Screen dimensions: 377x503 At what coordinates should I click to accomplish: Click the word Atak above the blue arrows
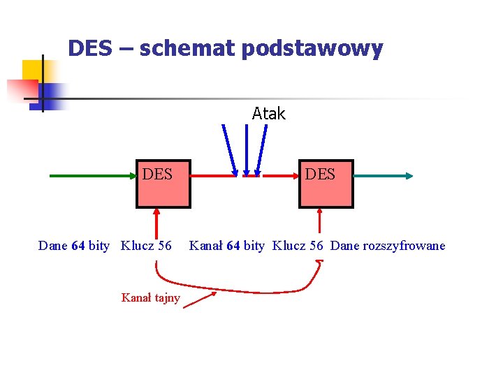tap(268, 114)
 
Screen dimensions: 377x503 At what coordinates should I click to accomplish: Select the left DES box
tap(163, 184)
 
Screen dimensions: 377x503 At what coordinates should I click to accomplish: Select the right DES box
tap(326, 184)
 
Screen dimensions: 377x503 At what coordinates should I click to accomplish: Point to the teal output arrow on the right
tap(384, 177)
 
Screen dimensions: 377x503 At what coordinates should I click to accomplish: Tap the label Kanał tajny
tap(150, 298)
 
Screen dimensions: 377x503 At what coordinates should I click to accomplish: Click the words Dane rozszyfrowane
tap(387, 246)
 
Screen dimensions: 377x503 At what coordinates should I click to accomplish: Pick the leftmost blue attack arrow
tap(229, 149)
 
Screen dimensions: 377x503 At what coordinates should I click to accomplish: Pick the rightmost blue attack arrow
tap(262, 149)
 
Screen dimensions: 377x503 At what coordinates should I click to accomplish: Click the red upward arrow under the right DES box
tap(319, 222)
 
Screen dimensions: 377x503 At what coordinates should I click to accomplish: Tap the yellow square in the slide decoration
tap(32, 71)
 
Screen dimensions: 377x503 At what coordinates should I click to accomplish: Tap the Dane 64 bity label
tap(73, 246)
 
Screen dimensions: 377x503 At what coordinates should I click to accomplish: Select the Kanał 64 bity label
tap(227, 246)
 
